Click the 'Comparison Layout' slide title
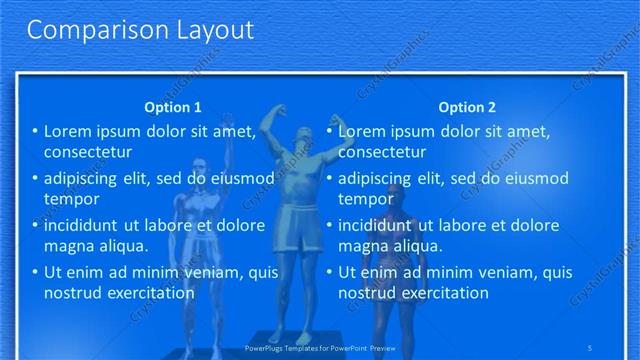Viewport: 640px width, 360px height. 140,31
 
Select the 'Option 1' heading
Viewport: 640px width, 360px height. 173,107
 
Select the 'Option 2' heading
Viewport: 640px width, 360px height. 466,107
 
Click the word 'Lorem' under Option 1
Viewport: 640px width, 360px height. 68,131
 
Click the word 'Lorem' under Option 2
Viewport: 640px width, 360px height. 362,131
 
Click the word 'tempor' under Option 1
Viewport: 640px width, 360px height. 68,199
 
